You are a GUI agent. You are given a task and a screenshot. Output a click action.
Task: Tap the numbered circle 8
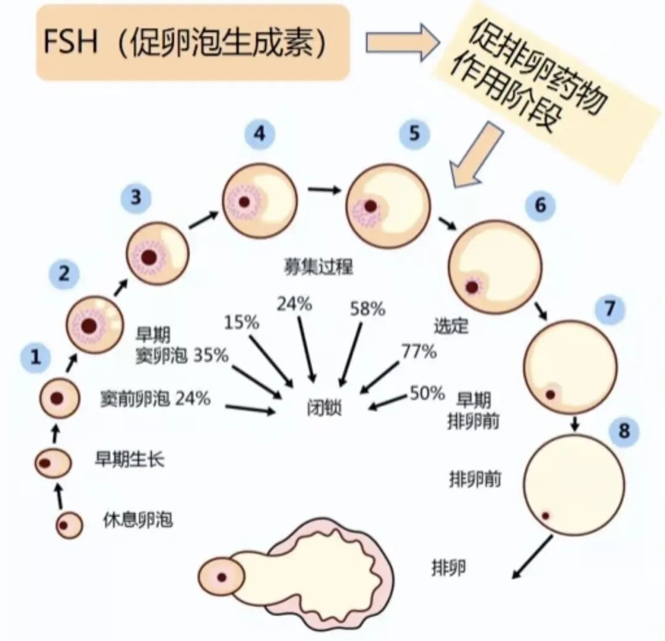[624, 430]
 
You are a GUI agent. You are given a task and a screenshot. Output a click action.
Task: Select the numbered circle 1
[36, 356]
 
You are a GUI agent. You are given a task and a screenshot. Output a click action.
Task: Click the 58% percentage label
[368, 309]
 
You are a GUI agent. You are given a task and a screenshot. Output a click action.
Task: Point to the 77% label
[419, 352]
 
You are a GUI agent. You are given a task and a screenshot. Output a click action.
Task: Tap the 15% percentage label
[241, 323]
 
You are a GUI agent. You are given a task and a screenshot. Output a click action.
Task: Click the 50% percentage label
[427, 392]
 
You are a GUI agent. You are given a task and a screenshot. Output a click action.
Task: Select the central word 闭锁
[323, 408]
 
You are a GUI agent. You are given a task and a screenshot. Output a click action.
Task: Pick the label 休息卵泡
[137, 521]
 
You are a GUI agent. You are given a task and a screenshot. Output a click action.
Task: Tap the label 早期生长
[129, 459]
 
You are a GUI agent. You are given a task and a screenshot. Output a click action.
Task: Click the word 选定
[451, 325]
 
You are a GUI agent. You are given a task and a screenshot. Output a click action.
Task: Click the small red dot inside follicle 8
[545, 515]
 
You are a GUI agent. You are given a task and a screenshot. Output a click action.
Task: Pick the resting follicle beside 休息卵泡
[69, 525]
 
